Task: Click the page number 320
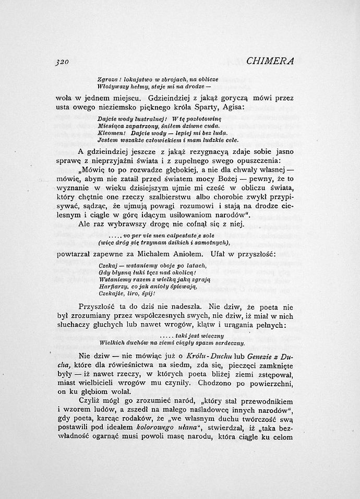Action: click(x=62, y=61)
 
